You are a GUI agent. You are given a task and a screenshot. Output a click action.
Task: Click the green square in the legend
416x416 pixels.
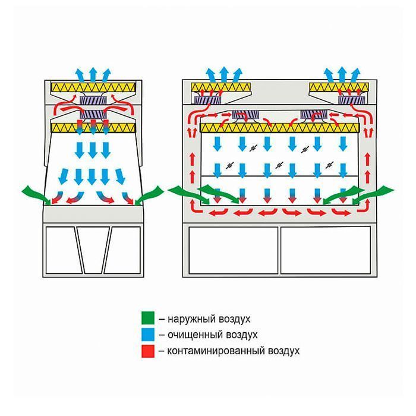[x=147, y=319]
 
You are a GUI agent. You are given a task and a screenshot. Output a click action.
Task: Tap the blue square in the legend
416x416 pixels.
[x=147, y=335]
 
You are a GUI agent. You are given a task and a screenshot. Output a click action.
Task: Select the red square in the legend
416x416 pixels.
[x=147, y=351]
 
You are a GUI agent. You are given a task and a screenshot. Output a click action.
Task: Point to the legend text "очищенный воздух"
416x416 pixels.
[x=208, y=335]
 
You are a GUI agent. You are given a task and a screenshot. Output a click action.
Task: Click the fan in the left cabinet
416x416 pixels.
[x=93, y=105]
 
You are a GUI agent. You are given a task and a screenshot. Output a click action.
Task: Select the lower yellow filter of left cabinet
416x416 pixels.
[x=93, y=127]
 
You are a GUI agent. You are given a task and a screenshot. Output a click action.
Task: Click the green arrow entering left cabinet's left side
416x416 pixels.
[x=34, y=193]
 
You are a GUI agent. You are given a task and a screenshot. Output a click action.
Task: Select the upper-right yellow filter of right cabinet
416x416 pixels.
[x=338, y=89]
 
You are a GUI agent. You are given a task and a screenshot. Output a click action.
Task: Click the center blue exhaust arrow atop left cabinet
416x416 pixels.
[x=93, y=74]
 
